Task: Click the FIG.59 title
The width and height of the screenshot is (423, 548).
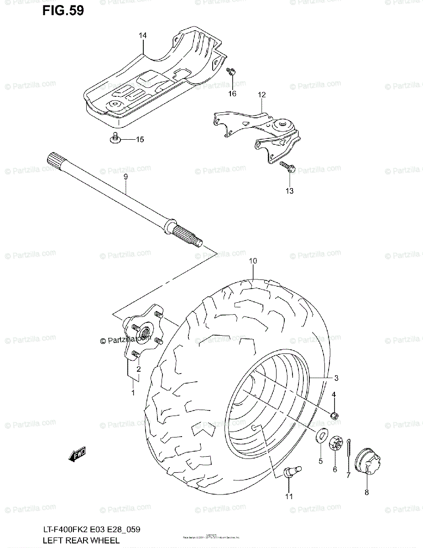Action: click(x=63, y=11)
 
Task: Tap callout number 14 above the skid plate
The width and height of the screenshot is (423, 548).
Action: click(x=143, y=35)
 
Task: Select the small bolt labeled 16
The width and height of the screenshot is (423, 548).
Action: click(x=231, y=71)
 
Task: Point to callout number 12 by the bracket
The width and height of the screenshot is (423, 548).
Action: click(x=261, y=95)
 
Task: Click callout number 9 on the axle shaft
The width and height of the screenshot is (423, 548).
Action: click(x=125, y=177)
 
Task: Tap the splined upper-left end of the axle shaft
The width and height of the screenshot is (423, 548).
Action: click(x=54, y=160)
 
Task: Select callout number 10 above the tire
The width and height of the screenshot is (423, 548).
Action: click(x=253, y=261)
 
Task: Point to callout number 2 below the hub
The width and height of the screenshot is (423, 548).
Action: click(x=138, y=369)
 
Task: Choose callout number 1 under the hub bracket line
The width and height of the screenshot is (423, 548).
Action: click(x=133, y=392)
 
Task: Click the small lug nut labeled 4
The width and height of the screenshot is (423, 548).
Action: click(x=334, y=415)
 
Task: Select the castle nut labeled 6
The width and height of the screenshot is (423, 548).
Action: click(x=334, y=442)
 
